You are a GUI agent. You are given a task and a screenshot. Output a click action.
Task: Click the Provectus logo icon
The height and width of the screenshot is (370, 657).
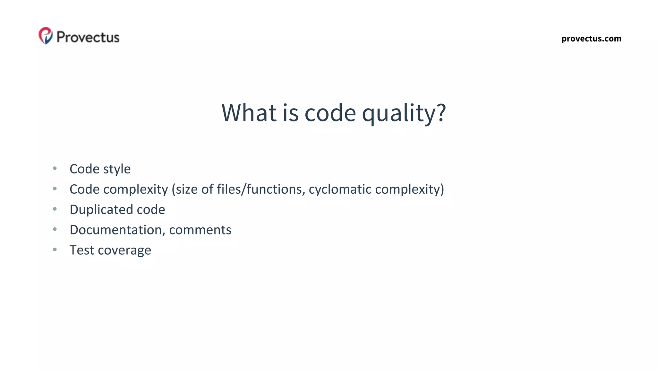click(46, 36)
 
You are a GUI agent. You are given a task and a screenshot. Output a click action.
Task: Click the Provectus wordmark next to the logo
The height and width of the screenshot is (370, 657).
click(88, 37)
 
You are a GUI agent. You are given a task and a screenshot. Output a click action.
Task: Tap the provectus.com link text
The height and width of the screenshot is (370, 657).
click(591, 39)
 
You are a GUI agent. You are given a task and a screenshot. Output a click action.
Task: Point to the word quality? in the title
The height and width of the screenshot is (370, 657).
click(404, 113)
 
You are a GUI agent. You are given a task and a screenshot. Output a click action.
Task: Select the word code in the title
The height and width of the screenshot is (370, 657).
click(330, 113)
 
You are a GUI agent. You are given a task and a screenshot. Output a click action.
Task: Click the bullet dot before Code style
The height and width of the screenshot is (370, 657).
click(55, 168)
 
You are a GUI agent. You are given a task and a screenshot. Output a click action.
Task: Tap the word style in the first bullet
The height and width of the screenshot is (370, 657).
click(117, 169)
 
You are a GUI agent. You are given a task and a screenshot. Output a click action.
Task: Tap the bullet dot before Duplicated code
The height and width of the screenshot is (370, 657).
click(55, 209)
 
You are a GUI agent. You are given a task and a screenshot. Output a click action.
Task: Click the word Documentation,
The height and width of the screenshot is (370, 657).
click(117, 230)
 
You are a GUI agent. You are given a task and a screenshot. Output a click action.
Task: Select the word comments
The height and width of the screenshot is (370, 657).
click(200, 230)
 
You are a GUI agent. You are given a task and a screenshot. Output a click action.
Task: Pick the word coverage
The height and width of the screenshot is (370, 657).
click(124, 250)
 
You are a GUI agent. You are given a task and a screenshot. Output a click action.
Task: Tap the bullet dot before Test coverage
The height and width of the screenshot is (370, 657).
click(55, 250)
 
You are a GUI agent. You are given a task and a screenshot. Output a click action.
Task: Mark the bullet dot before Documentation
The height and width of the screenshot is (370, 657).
click(55, 229)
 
